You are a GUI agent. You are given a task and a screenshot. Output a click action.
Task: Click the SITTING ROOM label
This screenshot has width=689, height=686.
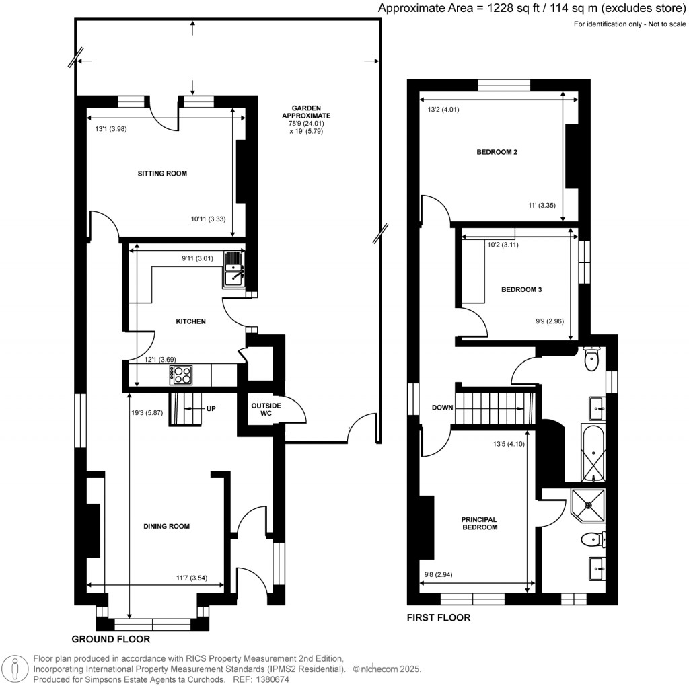(x=162, y=174)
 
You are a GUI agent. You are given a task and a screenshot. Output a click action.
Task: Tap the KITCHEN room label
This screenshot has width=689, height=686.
(x=190, y=322)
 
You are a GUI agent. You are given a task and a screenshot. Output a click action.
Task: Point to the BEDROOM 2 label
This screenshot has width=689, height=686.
(x=497, y=152)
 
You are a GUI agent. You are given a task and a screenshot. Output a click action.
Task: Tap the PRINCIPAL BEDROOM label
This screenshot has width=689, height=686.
(x=479, y=523)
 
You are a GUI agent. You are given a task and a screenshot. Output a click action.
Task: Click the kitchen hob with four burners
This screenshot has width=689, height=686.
(x=182, y=375)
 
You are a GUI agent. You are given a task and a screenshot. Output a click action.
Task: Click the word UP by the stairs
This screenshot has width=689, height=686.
(x=211, y=408)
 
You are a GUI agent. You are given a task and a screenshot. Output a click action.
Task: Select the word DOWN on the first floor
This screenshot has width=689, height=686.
(x=443, y=408)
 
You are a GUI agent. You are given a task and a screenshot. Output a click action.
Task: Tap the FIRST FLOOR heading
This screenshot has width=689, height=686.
(x=438, y=617)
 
